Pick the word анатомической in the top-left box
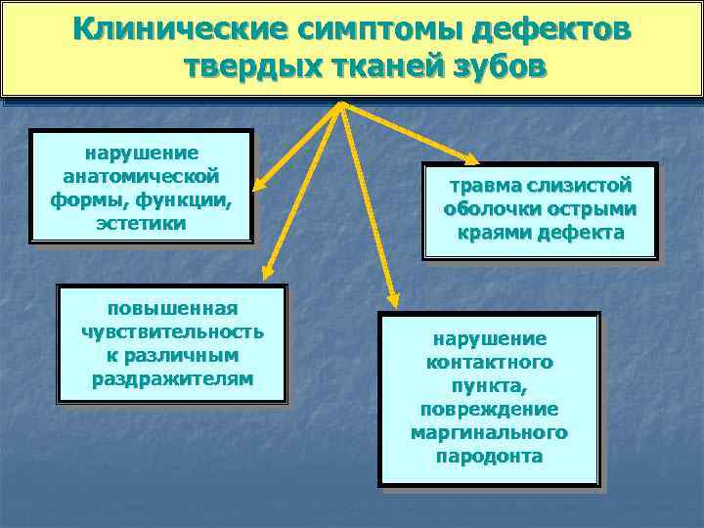pos(141,177)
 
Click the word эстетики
pos(141,222)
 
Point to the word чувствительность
pos(172,331)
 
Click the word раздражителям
pos(172,377)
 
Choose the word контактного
pos(489,362)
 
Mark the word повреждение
pos(489,409)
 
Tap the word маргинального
pos(489,432)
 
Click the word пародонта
pos(489,456)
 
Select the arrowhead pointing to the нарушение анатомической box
pos(257,183)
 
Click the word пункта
pos(489,385)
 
